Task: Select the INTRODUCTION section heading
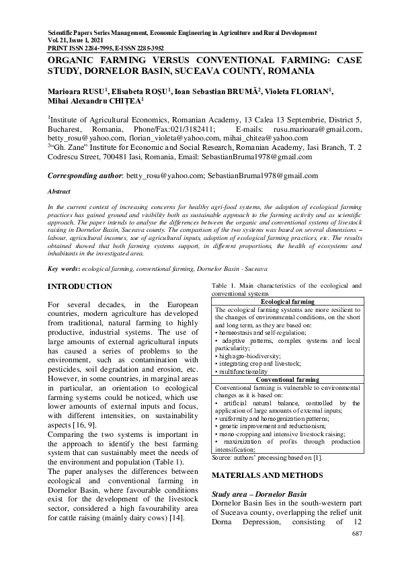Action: [x=80, y=287]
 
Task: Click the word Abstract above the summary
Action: [x=60, y=192]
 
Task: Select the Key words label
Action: [x=63, y=269]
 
